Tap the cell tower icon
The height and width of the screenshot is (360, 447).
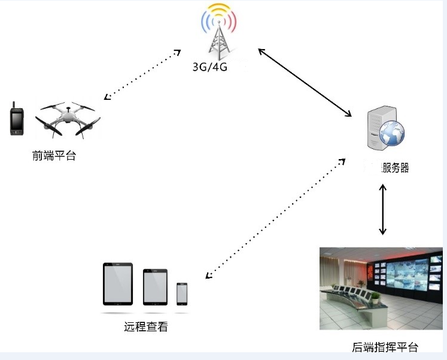[218, 32]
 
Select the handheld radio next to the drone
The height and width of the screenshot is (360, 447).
[16, 119]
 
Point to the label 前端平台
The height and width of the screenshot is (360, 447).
[54, 157]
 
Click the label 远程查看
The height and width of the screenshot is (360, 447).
[145, 327]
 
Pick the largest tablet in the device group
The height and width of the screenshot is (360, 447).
[118, 283]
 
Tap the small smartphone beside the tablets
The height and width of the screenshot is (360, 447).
[182, 293]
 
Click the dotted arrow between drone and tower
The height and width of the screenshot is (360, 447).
[142, 74]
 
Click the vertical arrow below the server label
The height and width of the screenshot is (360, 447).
[383, 209]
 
